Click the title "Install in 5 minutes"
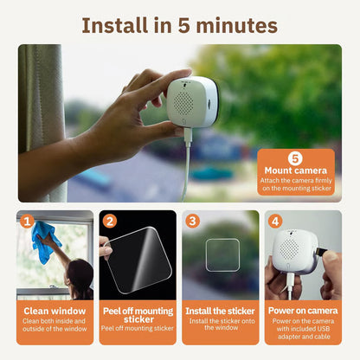pos(180,23)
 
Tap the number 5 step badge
pos(294,158)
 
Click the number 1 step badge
pos(27,221)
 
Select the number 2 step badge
pos(109,221)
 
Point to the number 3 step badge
pos(192,221)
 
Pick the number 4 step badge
pos(274,221)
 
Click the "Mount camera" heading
pos(294,170)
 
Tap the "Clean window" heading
pos(55,310)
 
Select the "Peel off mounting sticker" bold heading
pos(137,314)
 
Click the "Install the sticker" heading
pos(220,310)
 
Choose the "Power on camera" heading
pos(302,310)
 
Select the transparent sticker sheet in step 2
pos(138,257)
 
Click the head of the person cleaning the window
pos(80,275)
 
